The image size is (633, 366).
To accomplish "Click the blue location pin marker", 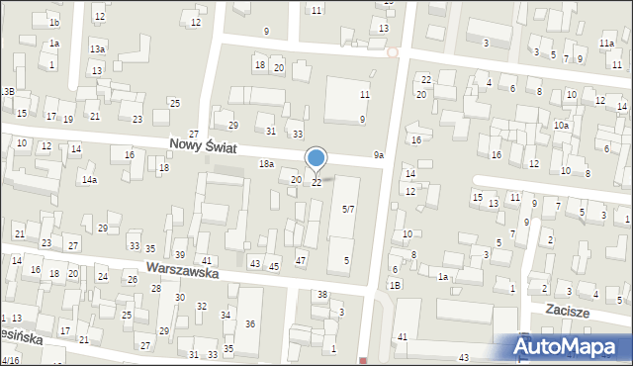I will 316,158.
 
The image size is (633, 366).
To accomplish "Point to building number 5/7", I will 348,210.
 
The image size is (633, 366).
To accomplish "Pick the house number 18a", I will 266,163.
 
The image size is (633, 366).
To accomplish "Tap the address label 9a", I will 378,155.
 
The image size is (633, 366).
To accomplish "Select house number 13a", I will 97,48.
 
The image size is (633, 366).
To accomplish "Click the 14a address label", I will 89,180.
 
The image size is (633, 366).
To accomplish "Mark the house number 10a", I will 561,126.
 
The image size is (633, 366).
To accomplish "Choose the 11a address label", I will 606,44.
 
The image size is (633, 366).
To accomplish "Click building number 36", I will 250,324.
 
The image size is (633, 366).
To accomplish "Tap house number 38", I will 321,295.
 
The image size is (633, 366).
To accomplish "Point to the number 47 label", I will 301,260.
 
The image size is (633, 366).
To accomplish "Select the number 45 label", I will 274,267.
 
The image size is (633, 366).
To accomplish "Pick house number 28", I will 155,288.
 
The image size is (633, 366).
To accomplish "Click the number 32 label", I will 202,307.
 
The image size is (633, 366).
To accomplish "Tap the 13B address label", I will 8,91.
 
